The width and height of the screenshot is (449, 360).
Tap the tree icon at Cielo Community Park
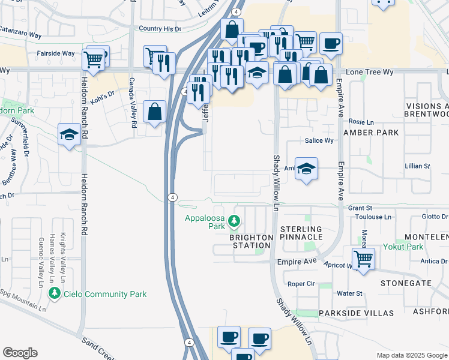coord(55,293)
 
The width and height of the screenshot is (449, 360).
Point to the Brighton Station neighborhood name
coord(250,241)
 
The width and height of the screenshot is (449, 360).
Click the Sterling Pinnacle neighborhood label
coord(301,233)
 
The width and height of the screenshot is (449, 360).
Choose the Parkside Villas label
coord(356,313)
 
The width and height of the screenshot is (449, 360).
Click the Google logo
coord(20,353)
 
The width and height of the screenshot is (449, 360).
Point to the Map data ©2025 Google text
coord(411,355)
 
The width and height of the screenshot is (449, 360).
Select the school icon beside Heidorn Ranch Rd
coord(70,134)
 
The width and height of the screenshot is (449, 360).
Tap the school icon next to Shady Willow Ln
coord(306,169)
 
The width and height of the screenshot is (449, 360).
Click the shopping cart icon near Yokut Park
coord(363,259)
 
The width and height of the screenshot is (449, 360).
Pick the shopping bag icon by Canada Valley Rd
coord(155,112)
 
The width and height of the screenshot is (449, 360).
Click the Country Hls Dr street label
coord(159,28)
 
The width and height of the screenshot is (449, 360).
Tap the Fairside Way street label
coord(56,53)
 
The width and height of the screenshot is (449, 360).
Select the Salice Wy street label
coord(319,140)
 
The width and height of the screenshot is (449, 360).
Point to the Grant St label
coord(361,208)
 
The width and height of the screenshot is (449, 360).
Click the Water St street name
coord(349,293)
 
